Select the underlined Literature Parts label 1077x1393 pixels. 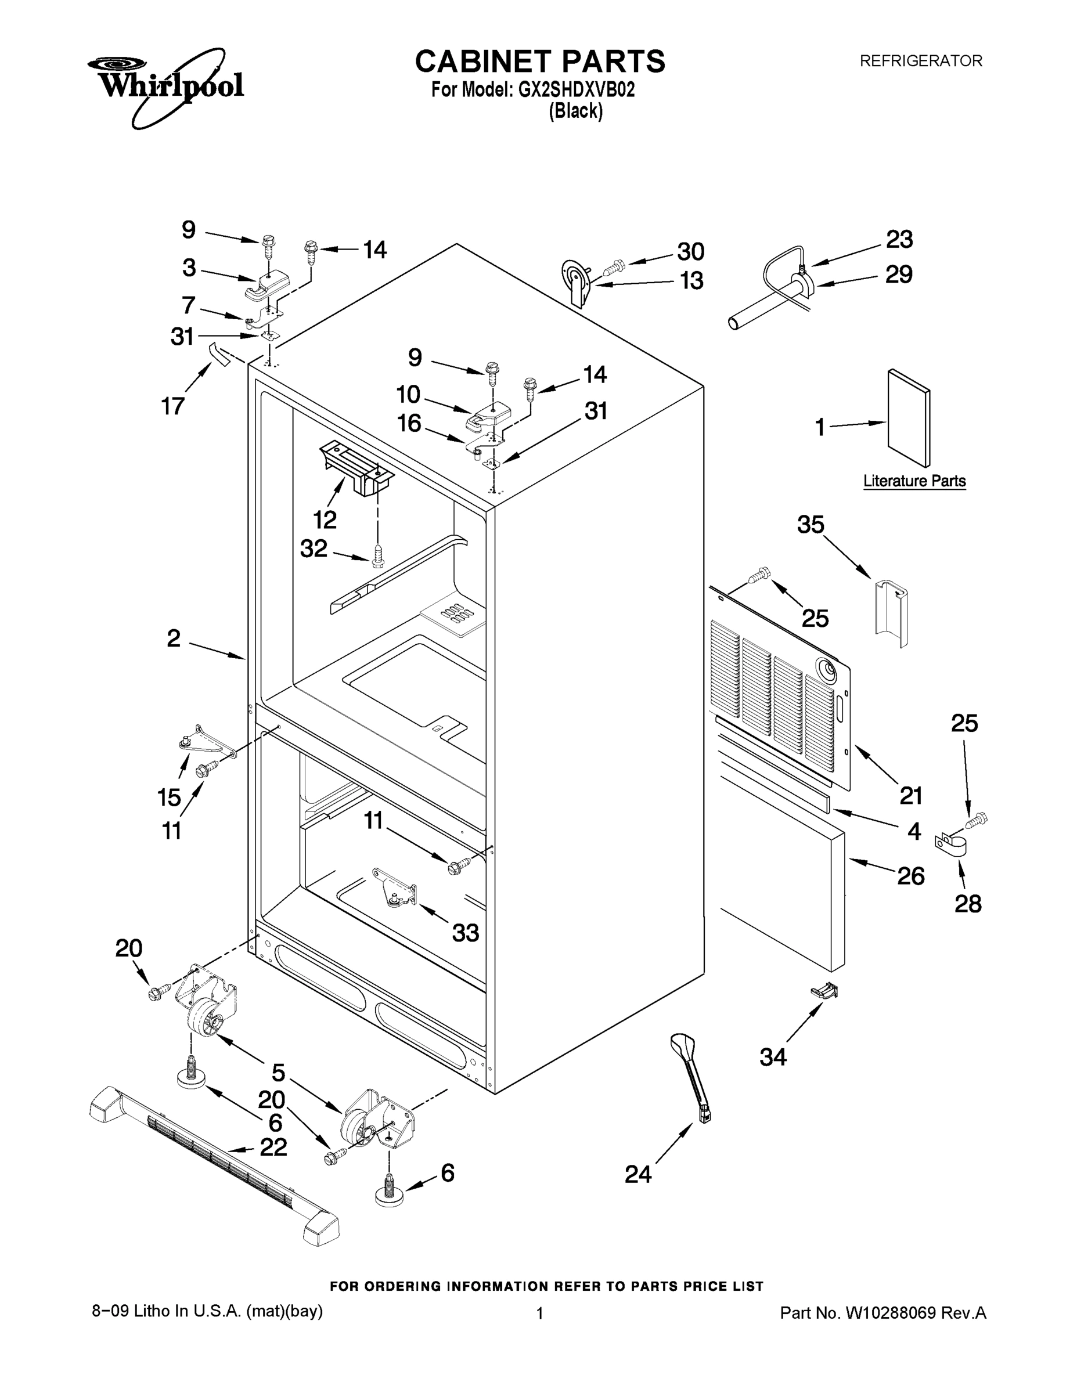point(914,481)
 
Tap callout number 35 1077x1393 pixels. point(811,524)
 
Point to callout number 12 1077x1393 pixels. point(324,520)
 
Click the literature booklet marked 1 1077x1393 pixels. point(909,418)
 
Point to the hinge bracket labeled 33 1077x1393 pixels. point(395,886)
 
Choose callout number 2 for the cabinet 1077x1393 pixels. point(174,638)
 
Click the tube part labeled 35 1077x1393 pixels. point(891,613)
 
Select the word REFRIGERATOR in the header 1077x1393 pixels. point(920,61)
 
